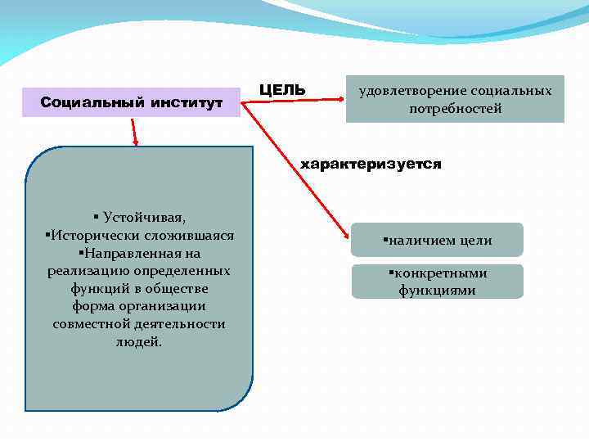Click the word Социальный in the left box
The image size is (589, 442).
click(x=91, y=102)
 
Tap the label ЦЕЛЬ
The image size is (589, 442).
click(x=281, y=88)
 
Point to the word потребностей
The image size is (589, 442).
click(x=456, y=108)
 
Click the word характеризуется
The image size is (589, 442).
click(x=371, y=165)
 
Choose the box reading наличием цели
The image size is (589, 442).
click(x=437, y=241)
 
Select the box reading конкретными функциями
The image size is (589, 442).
click(x=437, y=282)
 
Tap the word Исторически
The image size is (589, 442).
click(x=86, y=236)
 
